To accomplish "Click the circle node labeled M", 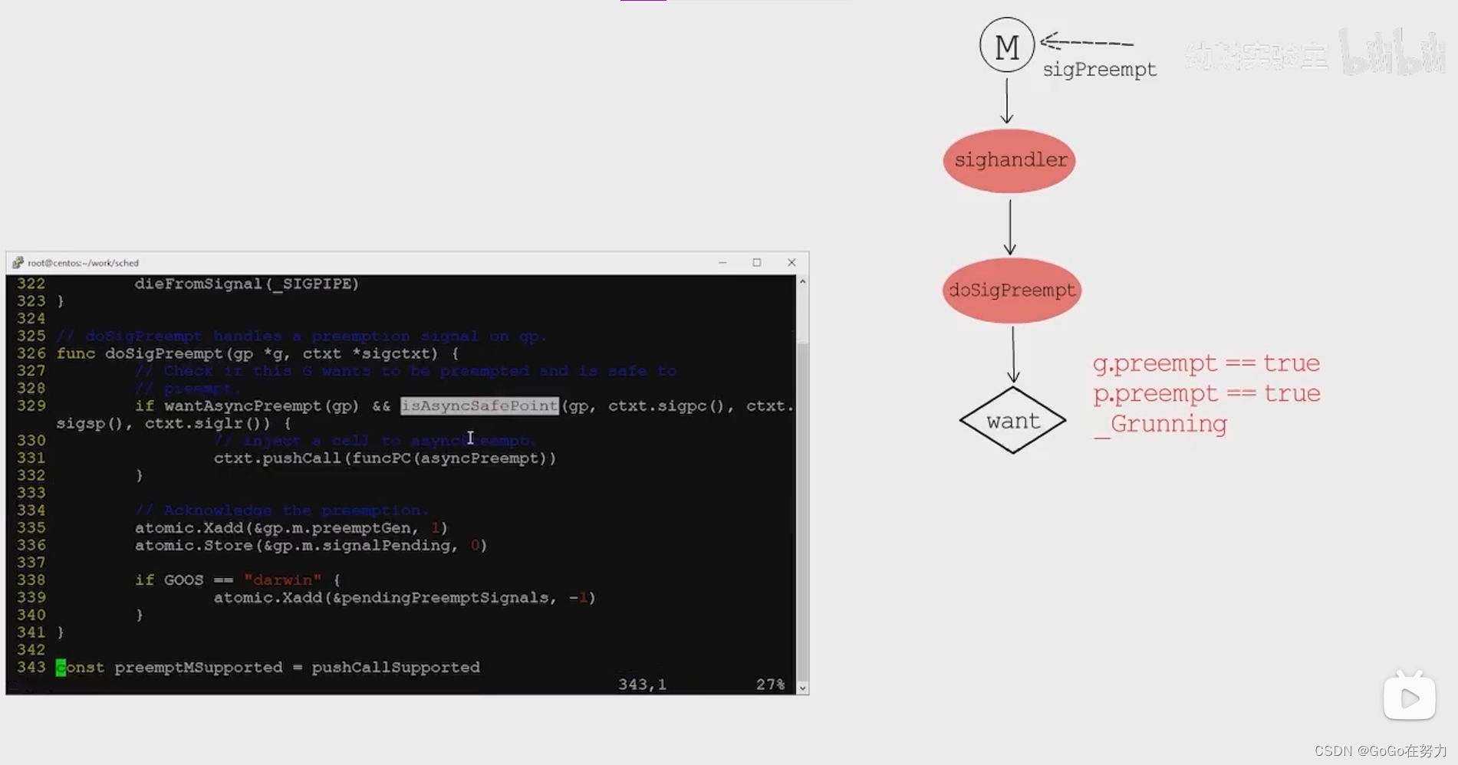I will click(1006, 46).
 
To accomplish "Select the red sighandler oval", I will click(1009, 161).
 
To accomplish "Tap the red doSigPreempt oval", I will click(1012, 291).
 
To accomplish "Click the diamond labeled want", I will click(1012, 420).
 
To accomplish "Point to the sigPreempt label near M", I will click(1099, 70).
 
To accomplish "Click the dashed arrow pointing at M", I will click(1088, 42).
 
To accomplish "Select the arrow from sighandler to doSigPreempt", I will click(1010, 227).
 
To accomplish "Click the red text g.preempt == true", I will click(1206, 363).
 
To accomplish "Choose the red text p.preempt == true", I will click(1206, 394).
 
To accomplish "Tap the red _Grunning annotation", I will click(1160, 425).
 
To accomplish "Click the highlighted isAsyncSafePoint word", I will click(479, 406).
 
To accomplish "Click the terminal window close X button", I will click(792, 262).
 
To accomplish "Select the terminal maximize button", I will click(757, 262).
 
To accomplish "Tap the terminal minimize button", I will click(722, 262).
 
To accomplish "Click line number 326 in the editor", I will click(31, 353).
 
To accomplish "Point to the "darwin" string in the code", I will click(282, 580).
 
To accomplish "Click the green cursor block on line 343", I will click(61, 668).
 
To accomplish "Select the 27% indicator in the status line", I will click(770, 685).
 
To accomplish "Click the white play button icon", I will click(1409, 698).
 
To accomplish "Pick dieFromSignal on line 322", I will click(199, 284).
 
